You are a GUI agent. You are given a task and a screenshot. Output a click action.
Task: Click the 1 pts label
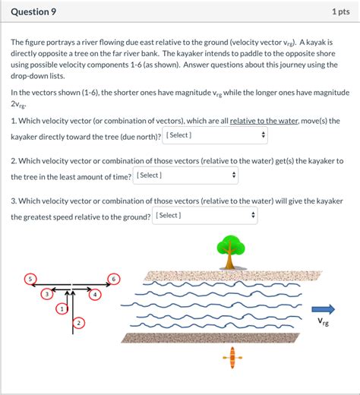point(339,13)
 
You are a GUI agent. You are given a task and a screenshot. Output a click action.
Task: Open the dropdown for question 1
point(216,135)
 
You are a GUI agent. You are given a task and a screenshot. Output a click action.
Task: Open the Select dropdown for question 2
point(186,175)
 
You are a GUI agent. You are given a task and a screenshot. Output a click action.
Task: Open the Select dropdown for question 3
point(205,216)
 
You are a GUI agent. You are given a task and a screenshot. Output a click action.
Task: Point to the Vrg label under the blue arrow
point(324,323)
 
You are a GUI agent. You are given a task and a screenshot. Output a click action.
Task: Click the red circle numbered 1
point(61,309)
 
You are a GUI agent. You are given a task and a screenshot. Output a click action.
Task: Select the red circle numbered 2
point(77,324)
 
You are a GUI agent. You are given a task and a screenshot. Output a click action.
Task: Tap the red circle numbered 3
point(47,294)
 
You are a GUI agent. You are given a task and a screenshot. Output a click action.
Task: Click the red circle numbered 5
point(30,278)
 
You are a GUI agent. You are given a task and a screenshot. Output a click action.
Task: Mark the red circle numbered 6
point(114,278)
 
